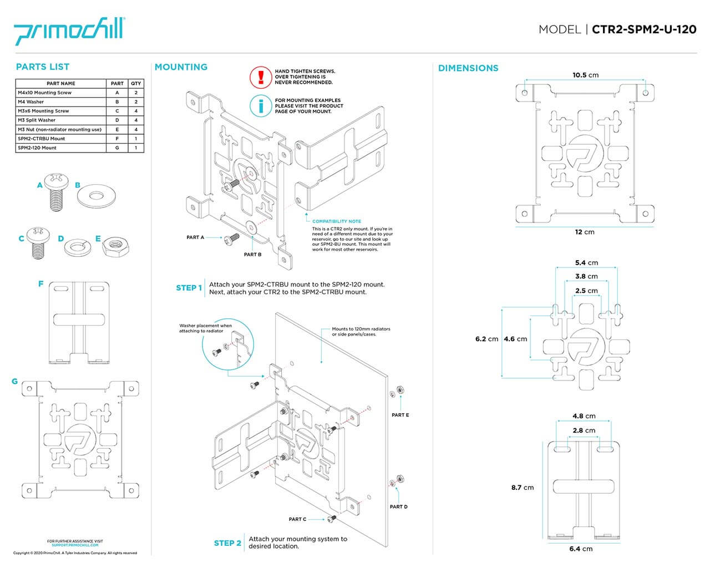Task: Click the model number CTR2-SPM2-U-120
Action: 644,29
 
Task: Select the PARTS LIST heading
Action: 43,67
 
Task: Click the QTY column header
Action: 136,84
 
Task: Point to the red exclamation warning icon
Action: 259,77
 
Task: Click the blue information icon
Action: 259,106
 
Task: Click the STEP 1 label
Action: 189,288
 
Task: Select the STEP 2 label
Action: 227,543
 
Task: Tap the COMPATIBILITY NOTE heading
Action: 337,221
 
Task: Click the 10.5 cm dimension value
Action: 585,75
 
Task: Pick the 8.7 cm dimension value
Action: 522,488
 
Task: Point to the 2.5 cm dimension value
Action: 586,291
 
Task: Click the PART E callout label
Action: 400,415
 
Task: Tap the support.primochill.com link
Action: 75,545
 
